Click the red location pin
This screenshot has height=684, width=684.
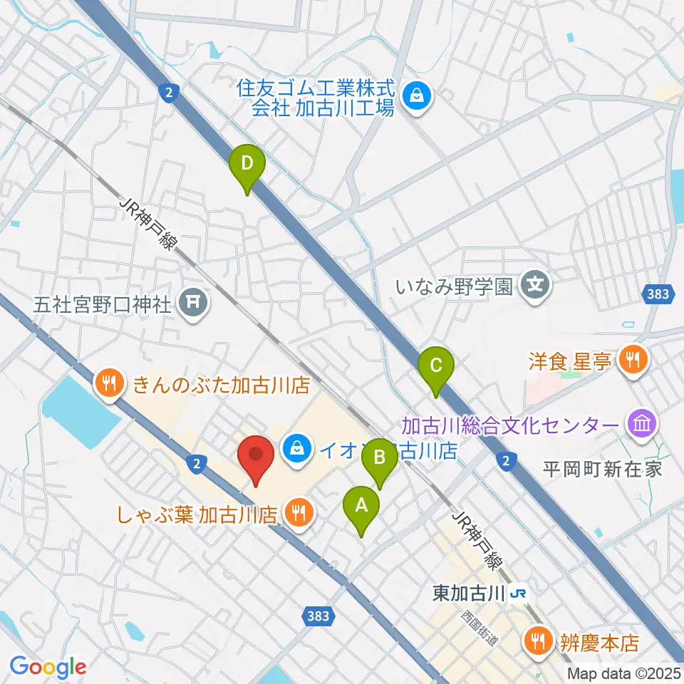(256, 460)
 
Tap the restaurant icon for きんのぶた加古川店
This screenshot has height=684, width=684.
(108, 385)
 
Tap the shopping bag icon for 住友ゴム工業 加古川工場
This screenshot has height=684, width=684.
(417, 98)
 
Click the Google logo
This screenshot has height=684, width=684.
(48, 666)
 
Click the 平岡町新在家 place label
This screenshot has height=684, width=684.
(603, 469)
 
